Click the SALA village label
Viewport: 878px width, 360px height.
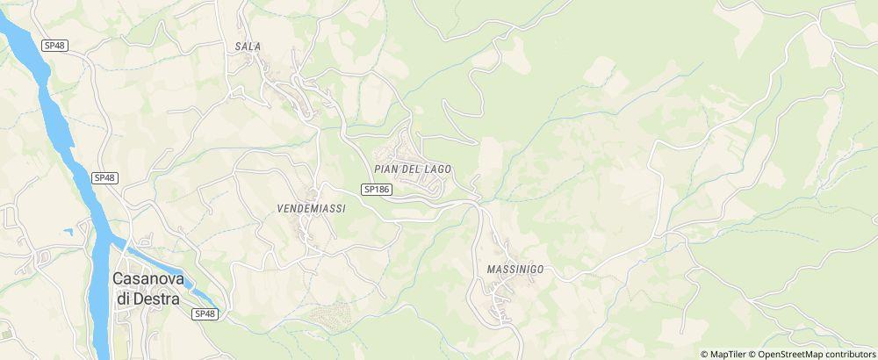point(248,46)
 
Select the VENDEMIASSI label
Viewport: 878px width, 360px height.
point(311,208)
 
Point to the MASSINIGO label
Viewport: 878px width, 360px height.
point(515,269)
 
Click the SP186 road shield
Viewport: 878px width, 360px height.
point(376,189)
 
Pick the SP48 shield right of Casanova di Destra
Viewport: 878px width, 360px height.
point(205,313)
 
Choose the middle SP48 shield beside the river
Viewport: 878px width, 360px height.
point(104,177)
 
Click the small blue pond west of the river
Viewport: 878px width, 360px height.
point(68,231)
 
